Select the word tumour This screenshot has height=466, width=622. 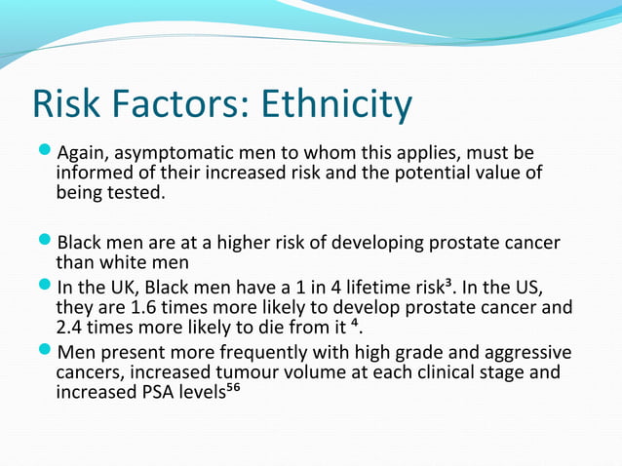(x=213, y=374)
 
